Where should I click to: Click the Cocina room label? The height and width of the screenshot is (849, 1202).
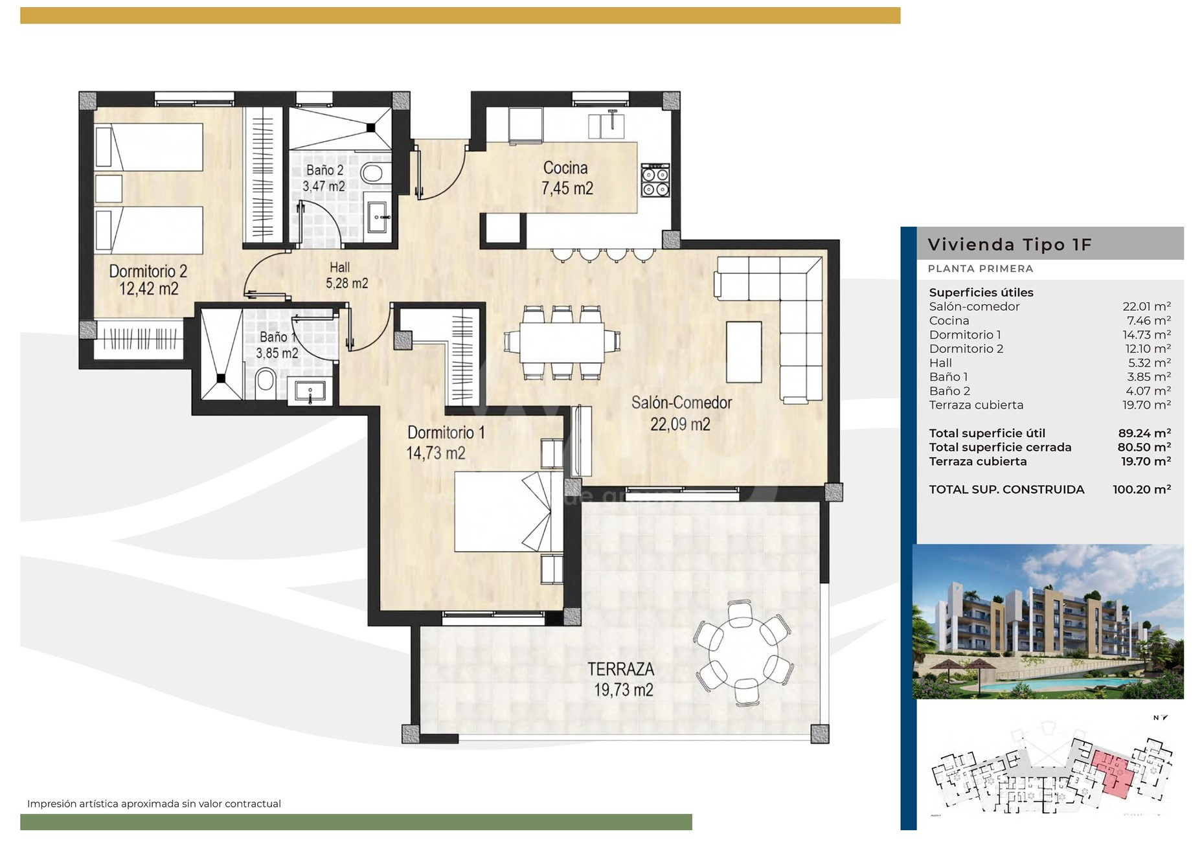(x=565, y=168)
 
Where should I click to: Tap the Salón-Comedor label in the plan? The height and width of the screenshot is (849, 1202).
(x=681, y=402)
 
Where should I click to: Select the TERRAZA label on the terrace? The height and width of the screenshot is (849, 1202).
(x=620, y=669)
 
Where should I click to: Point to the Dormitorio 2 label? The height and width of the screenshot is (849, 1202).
(x=148, y=271)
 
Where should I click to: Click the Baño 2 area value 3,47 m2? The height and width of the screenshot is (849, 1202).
(x=324, y=187)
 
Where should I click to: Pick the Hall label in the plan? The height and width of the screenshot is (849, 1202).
(x=339, y=267)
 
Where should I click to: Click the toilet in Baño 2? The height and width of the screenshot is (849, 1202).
(x=372, y=174)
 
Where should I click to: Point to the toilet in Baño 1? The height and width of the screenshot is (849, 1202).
(x=265, y=382)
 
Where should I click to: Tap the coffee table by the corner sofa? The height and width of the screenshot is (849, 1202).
(x=743, y=352)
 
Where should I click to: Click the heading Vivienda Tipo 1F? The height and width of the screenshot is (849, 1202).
(x=1010, y=245)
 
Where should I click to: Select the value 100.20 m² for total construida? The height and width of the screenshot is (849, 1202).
(x=1142, y=490)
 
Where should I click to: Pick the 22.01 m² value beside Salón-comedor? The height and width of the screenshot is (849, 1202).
(x=1146, y=307)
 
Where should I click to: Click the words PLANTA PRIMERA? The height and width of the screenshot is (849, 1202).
(x=981, y=269)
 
